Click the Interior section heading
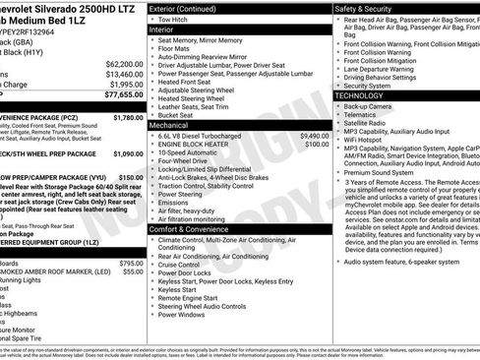(161, 30)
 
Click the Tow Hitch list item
(173, 19)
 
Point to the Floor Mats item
(176, 46)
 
